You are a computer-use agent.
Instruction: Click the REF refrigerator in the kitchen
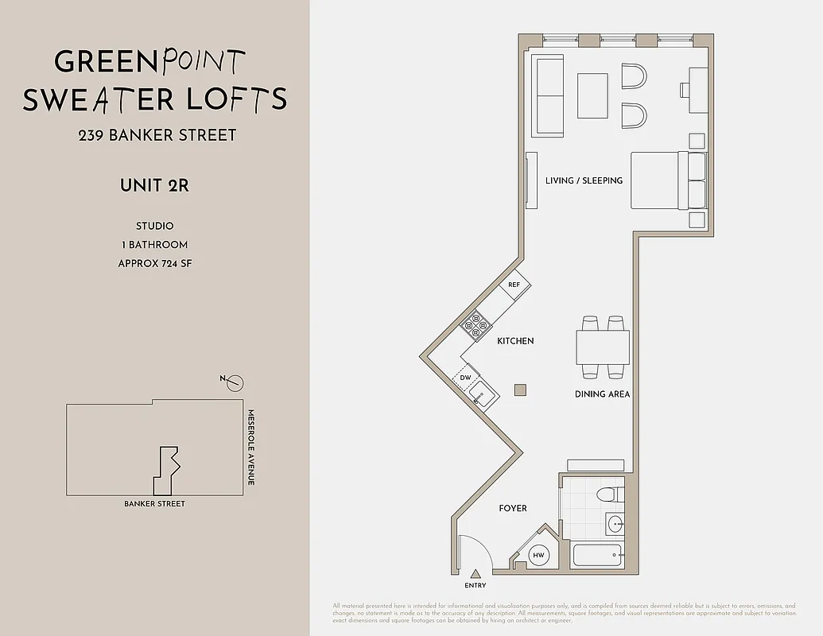pyautogui.click(x=514, y=285)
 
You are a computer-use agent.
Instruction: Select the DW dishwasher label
pyautogui.click(x=466, y=377)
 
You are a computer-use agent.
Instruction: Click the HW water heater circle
pyautogui.click(x=538, y=556)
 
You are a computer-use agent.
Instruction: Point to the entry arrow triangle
pyautogui.click(x=476, y=574)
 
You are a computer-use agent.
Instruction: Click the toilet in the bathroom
pyautogui.click(x=608, y=494)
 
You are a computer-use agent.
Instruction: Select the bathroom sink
pyautogui.click(x=615, y=524)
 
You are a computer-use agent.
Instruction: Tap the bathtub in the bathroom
pyautogui.click(x=597, y=555)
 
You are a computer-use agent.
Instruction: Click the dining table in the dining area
pyautogui.click(x=603, y=347)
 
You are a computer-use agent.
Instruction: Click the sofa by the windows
pyautogui.click(x=549, y=95)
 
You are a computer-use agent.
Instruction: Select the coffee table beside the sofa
pyautogui.click(x=592, y=95)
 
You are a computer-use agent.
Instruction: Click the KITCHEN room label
pyautogui.click(x=515, y=341)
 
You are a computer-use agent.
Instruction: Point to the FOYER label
pyautogui.click(x=512, y=508)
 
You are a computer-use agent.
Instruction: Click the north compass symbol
pyautogui.click(x=235, y=384)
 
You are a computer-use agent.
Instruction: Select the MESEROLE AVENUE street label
pyautogui.click(x=250, y=448)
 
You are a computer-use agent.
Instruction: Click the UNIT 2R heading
pyautogui.click(x=154, y=187)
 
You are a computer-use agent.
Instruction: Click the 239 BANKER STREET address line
pyautogui.click(x=157, y=135)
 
